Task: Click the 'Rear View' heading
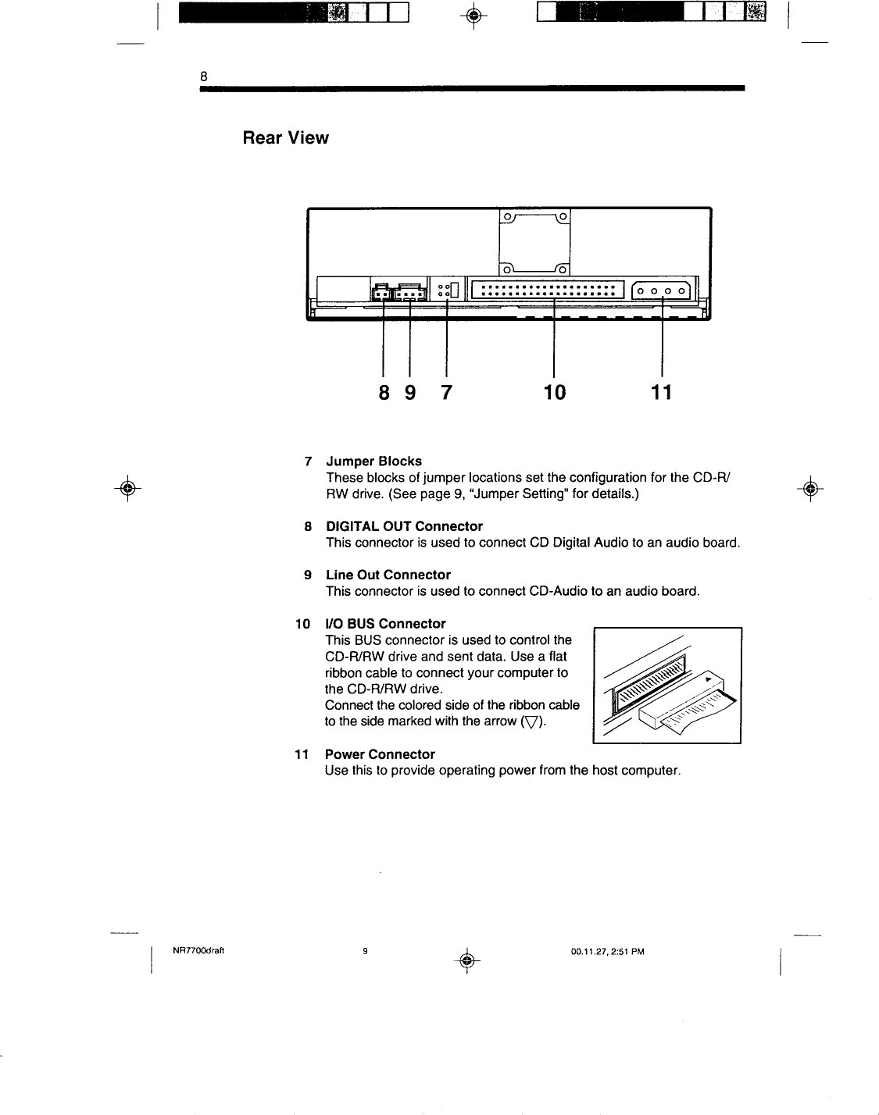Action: (285, 138)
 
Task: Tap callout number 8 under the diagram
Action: (384, 391)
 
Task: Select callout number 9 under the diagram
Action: (410, 391)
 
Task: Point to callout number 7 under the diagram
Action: (446, 391)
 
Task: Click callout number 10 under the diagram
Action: (554, 391)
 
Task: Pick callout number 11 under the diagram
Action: (661, 391)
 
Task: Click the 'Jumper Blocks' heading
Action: (373, 461)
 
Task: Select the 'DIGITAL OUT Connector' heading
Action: (404, 526)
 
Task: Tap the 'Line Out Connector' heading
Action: (388, 575)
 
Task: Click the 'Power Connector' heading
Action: (380, 754)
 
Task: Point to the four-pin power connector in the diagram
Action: (661, 291)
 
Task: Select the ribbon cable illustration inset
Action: (667, 685)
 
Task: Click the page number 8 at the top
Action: (203, 76)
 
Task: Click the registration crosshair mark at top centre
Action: (471, 13)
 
